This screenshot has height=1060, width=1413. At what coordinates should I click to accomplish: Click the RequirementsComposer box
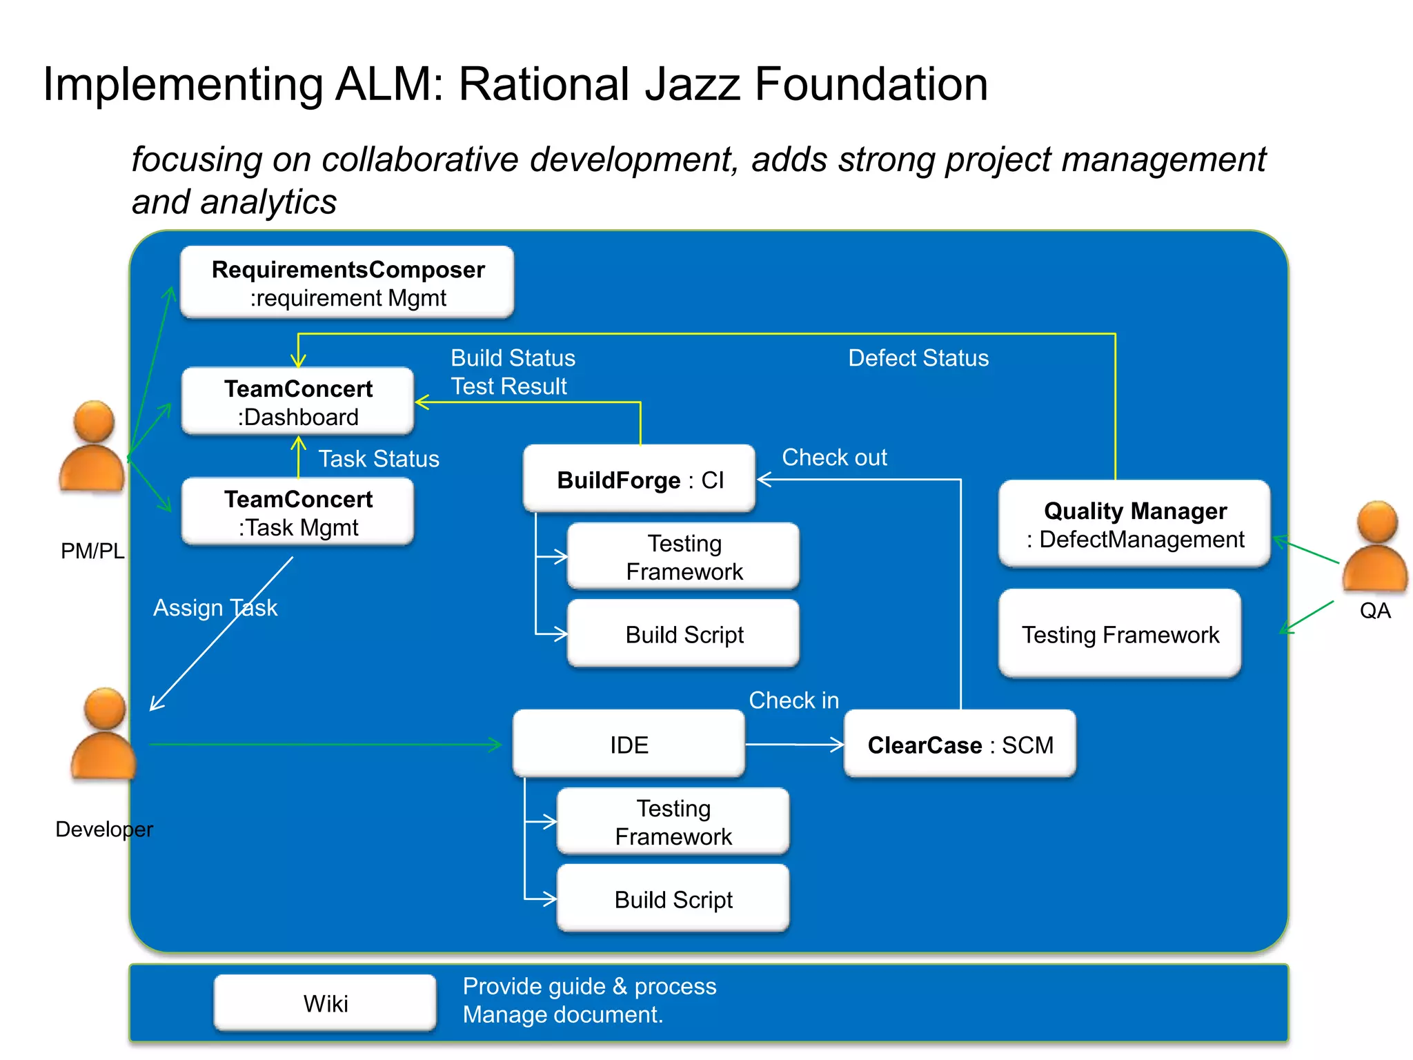tap(347, 282)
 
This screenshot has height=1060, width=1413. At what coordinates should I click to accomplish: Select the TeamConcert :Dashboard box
tap(297, 402)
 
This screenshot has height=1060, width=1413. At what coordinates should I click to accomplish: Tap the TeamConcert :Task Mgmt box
tap(297, 512)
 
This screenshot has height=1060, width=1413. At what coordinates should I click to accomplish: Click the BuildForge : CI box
tap(639, 479)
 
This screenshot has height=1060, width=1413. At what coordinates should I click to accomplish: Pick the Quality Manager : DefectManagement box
tap(1134, 524)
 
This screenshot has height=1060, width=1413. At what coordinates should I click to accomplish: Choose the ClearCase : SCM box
tap(960, 744)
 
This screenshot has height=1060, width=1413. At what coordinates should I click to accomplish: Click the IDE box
tap(629, 744)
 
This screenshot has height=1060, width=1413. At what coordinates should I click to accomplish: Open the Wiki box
tap(325, 1003)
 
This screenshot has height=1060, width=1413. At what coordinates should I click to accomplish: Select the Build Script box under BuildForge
tap(683, 634)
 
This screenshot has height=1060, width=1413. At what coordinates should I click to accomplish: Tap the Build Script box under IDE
tap(673, 899)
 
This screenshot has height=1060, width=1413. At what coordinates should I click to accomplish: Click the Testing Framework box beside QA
tap(1119, 634)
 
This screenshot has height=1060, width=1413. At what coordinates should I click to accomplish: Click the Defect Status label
tap(918, 357)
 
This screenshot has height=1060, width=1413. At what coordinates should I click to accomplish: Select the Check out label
tap(833, 457)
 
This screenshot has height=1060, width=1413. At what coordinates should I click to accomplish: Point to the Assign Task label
tap(215, 607)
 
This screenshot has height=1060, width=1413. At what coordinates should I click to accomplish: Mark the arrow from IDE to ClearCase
tap(793, 744)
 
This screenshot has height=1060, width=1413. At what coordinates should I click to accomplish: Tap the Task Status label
tap(378, 458)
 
